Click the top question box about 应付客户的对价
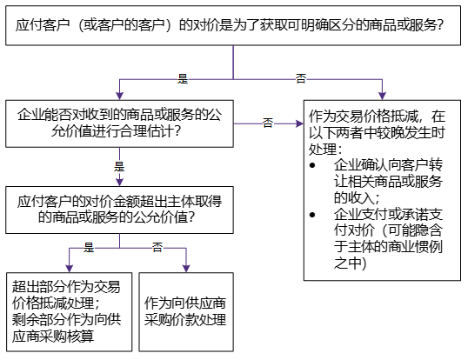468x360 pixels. coord(233,24)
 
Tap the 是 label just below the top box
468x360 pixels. coord(183,78)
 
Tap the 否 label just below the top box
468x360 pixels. coord(301,78)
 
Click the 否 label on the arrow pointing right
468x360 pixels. coord(268,123)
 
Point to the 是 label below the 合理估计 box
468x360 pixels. coord(119,164)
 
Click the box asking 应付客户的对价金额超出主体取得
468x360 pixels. coord(118,209)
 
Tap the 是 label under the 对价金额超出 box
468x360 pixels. coord(88,248)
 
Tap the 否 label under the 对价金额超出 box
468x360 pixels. coord(157,248)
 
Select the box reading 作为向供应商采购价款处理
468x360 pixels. coord(186,310)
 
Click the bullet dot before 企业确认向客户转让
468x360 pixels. coord(314,163)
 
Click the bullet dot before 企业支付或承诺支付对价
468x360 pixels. coord(314,213)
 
